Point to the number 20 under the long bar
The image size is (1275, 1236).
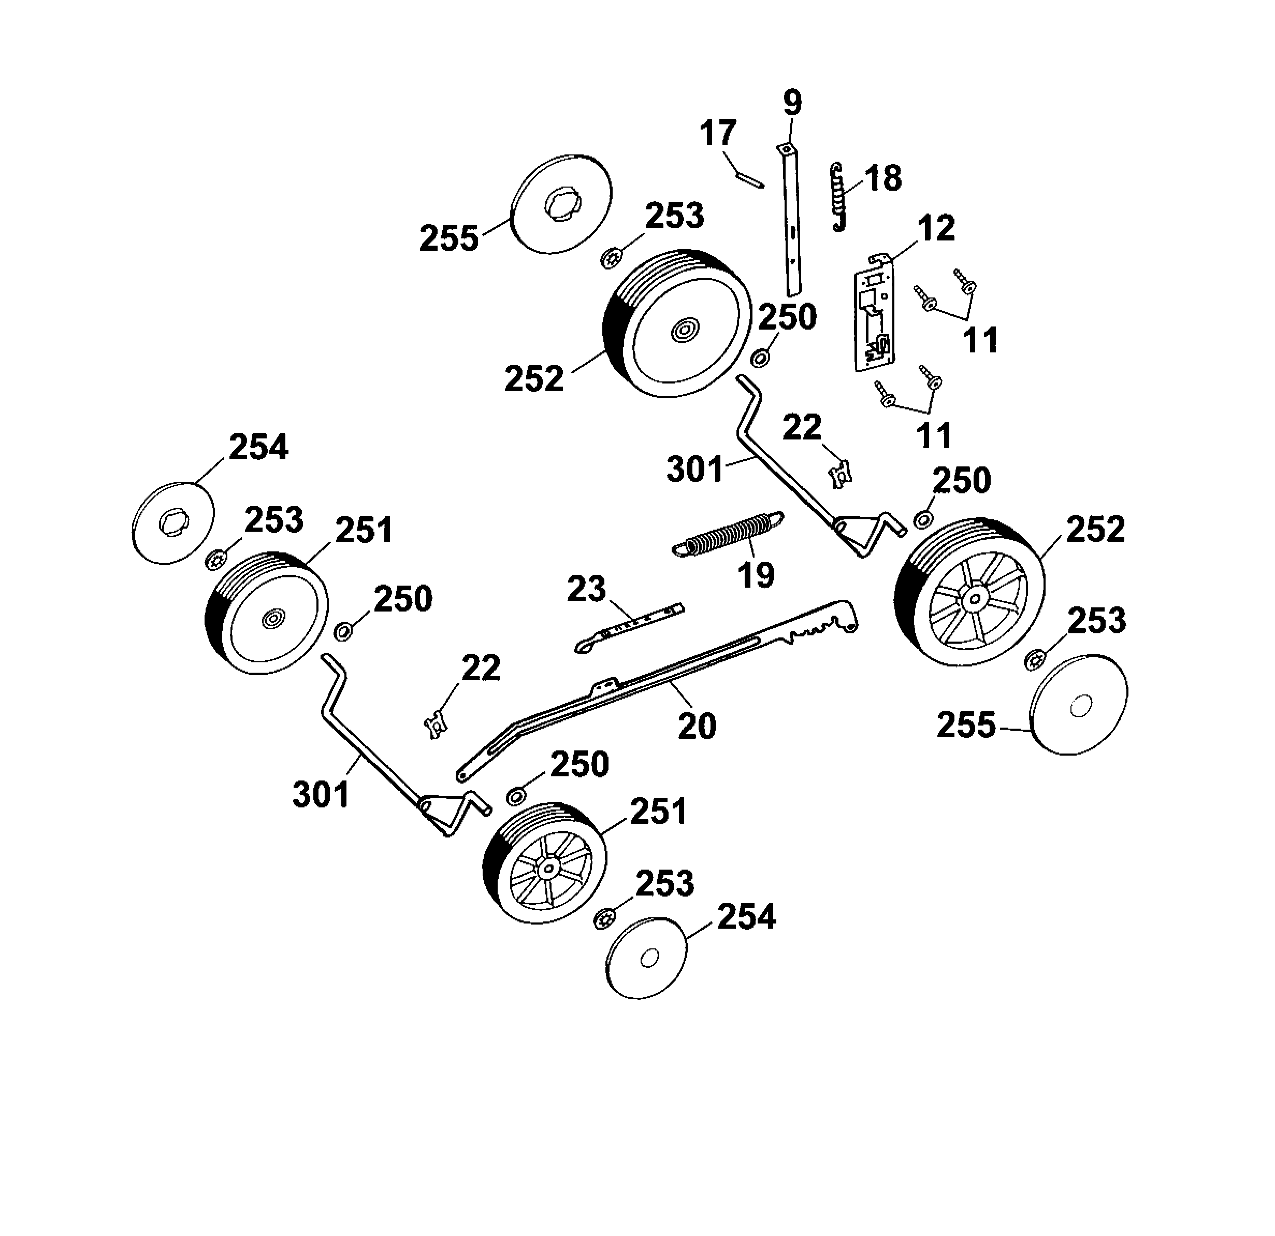pyautogui.click(x=697, y=726)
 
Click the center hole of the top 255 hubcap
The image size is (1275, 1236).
pyautogui.click(x=560, y=208)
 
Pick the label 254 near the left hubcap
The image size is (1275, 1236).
pyautogui.click(x=258, y=448)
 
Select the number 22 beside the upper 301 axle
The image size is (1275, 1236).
pyautogui.click(x=802, y=428)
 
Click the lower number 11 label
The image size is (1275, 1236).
pyautogui.click(x=934, y=435)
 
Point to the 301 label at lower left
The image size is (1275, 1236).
pyautogui.click(x=321, y=794)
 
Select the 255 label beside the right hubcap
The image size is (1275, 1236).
pyautogui.click(x=965, y=725)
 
